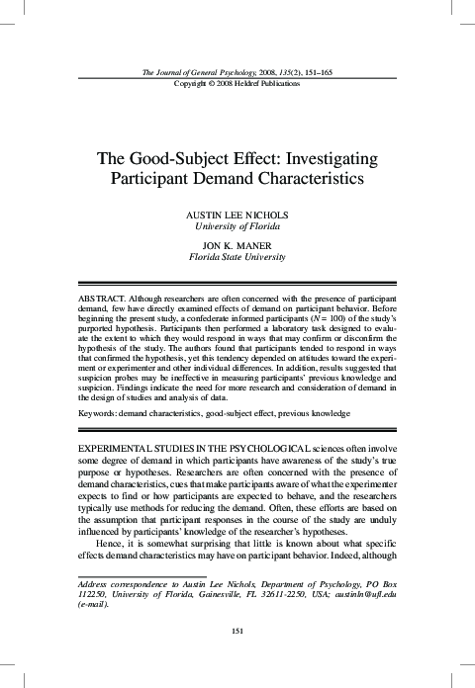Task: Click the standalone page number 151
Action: tap(237, 631)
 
